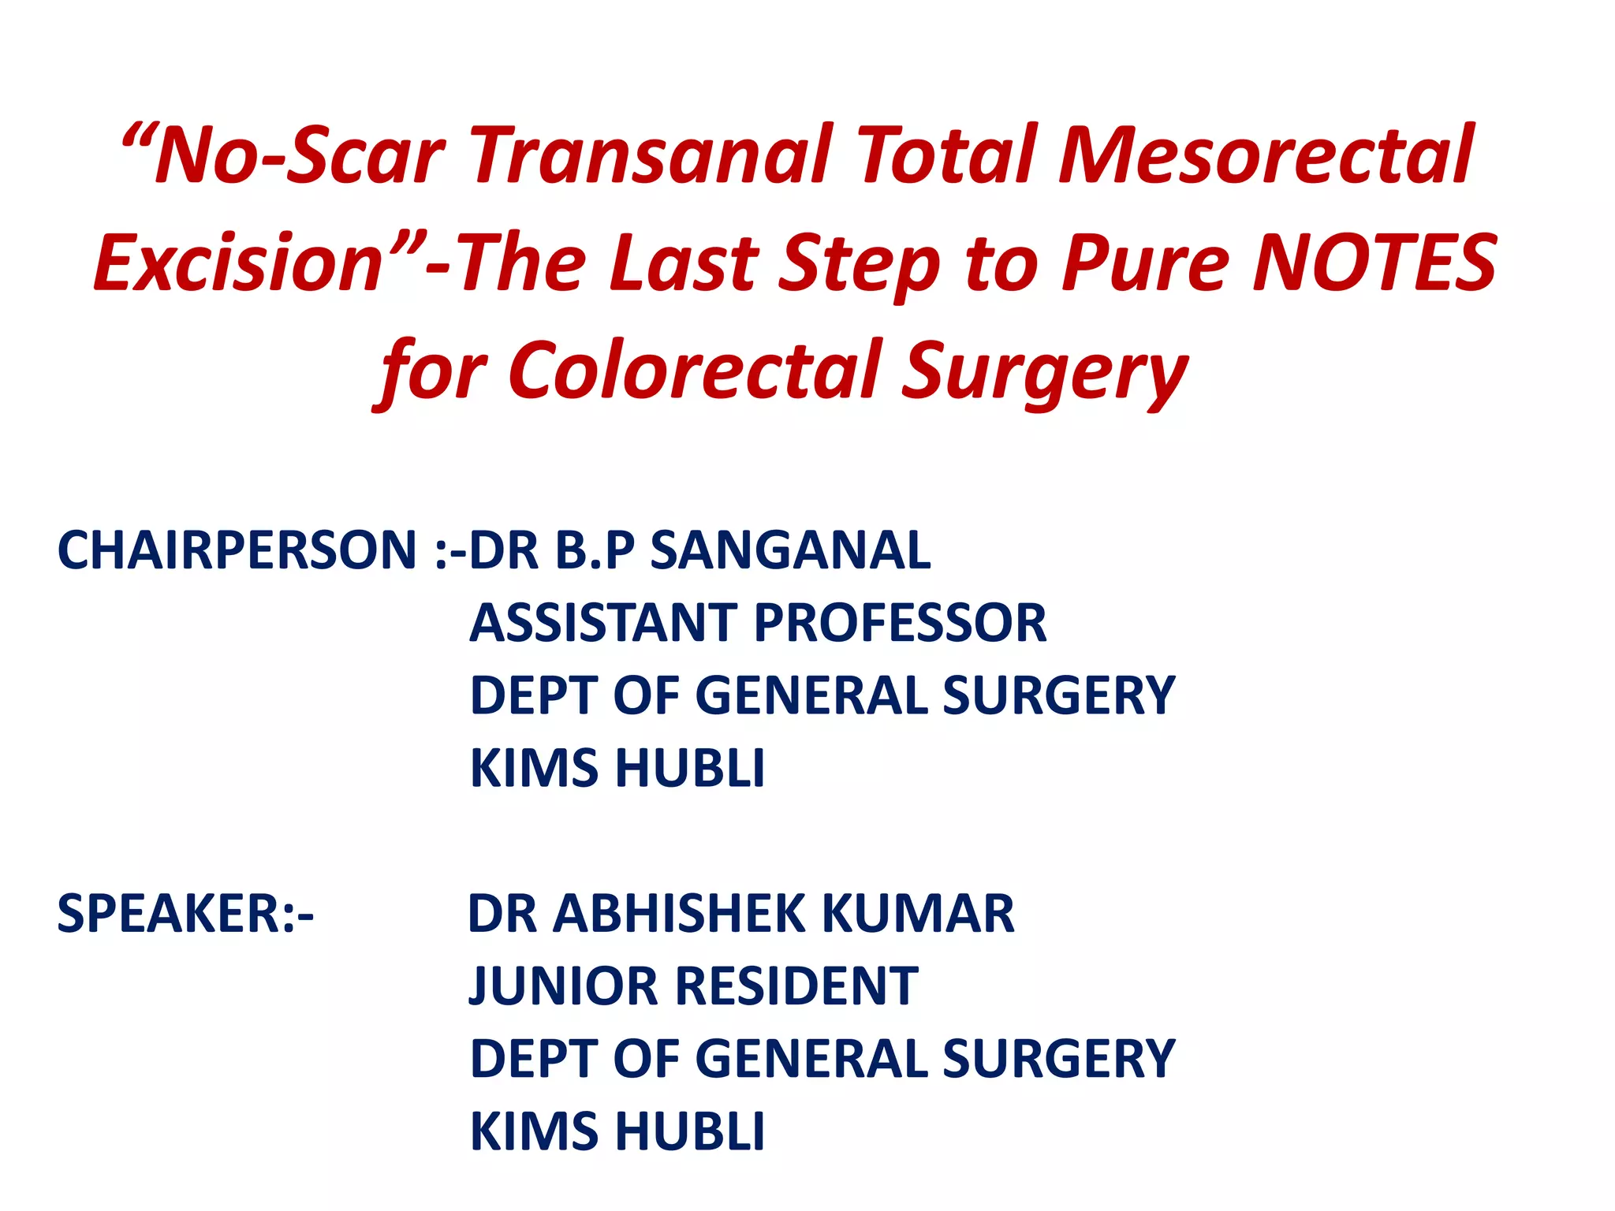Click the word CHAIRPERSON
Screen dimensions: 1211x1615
click(237, 550)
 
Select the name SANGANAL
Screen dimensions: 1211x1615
click(790, 550)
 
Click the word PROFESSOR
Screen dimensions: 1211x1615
click(900, 623)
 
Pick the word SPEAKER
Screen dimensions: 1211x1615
click(175, 914)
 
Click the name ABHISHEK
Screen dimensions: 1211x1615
click(681, 914)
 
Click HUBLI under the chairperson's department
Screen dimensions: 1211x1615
click(690, 768)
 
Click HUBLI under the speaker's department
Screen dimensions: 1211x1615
click(690, 1131)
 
